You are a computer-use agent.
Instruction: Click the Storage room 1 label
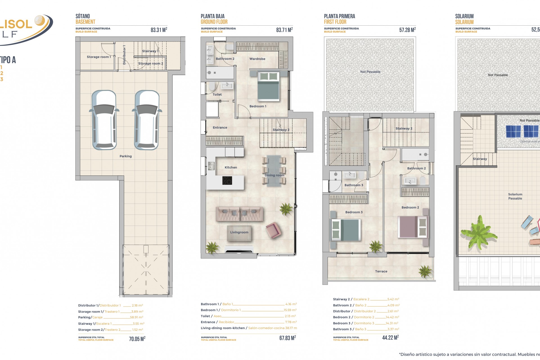(99, 57)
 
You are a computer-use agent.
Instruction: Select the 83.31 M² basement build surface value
(159, 30)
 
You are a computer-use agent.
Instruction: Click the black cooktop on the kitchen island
(227, 181)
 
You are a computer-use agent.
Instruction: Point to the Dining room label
(274, 175)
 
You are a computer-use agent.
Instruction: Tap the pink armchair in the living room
(273, 230)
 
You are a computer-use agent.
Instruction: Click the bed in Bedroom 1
(268, 86)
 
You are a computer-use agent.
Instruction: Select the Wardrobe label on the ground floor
(257, 59)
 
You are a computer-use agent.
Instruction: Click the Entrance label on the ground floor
(220, 128)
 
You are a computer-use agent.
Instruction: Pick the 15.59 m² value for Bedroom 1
(290, 310)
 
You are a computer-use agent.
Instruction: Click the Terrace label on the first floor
(381, 271)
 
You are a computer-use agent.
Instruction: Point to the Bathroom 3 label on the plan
(354, 185)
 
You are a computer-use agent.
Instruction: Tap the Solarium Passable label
(515, 196)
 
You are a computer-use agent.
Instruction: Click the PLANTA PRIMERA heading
(339, 16)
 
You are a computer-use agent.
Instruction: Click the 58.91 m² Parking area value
(136, 318)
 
